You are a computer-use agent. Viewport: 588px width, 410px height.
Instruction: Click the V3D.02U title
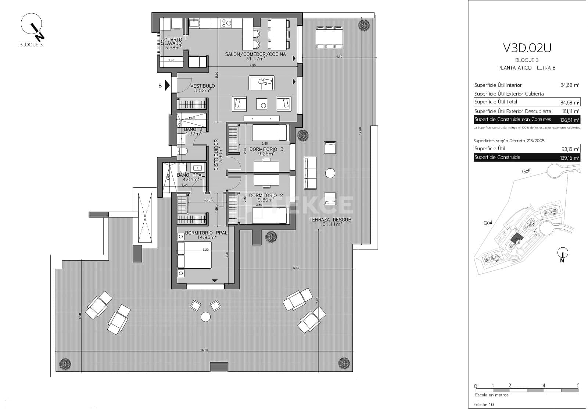527,48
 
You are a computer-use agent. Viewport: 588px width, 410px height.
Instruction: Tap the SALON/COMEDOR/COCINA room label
255,54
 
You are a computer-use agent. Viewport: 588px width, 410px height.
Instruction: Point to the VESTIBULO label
202,86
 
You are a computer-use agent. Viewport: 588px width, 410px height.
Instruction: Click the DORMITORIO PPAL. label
206,233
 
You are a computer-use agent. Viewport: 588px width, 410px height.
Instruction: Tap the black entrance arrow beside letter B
167,85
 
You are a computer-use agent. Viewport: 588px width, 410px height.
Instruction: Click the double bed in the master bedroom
194,255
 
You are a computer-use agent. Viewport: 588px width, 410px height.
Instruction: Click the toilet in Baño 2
182,151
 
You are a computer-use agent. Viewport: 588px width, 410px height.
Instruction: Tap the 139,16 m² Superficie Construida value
570,158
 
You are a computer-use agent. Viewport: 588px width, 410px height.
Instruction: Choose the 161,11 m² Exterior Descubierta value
570,111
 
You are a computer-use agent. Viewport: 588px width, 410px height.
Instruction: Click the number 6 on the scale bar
578,386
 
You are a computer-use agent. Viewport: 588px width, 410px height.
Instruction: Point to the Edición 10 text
484,404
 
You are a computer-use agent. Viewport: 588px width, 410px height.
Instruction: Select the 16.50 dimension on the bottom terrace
204,350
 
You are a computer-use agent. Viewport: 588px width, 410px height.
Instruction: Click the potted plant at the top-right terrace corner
364,25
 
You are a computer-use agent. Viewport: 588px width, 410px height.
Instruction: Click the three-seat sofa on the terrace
310,173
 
